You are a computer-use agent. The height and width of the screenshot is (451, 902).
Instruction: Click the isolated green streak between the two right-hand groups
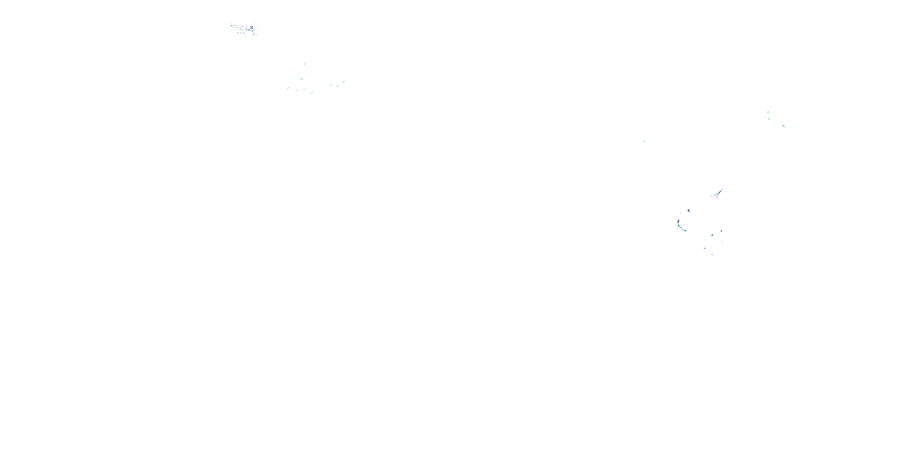click(x=644, y=141)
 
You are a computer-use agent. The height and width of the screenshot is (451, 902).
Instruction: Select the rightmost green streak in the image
click(x=783, y=126)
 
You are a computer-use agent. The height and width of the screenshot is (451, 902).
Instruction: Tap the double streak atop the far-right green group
click(x=768, y=112)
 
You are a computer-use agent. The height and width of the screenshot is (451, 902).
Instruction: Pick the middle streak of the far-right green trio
click(x=769, y=119)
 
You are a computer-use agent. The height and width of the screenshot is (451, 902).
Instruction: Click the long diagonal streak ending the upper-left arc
click(x=343, y=82)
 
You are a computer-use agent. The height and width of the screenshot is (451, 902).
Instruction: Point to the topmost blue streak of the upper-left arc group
click(x=305, y=64)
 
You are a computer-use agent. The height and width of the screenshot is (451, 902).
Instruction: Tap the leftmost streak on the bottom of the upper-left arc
click(x=288, y=88)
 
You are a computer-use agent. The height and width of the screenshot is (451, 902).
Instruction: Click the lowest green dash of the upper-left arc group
click(x=311, y=92)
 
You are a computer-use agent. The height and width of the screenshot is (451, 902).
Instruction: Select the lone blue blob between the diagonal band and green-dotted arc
click(x=689, y=211)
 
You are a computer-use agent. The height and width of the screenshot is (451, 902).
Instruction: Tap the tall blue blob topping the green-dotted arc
click(x=679, y=222)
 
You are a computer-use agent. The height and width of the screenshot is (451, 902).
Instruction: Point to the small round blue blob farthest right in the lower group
click(x=721, y=232)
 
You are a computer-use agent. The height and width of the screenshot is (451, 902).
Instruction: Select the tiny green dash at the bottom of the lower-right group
click(x=712, y=255)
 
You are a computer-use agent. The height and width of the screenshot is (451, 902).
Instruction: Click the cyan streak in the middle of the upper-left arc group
click(x=302, y=79)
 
